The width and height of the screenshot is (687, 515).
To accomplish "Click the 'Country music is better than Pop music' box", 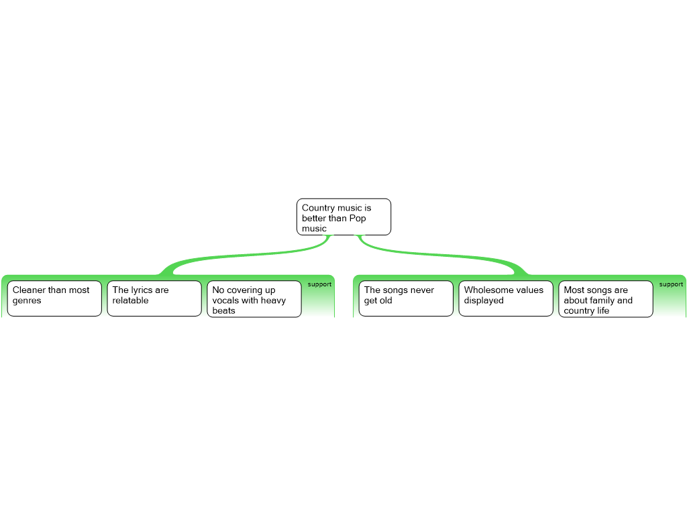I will [x=343, y=217].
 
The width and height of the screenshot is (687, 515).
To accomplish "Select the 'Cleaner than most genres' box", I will [x=54, y=298].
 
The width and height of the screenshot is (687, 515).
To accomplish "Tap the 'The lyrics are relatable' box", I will [x=154, y=298].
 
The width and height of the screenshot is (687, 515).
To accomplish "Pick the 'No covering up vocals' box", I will [x=254, y=298].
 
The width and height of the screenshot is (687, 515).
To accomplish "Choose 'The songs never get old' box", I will [x=406, y=298].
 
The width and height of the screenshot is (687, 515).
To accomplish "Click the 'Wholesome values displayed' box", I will [x=506, y=298].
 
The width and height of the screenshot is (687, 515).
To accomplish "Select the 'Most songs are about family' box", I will [x=605, y=298].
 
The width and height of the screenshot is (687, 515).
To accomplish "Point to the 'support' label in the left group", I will [x=319, y=284].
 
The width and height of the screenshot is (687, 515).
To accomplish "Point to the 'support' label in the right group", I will [x=671, y=284].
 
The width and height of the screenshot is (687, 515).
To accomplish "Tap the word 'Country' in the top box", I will [x=318, y=208].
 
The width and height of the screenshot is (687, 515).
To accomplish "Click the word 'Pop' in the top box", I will [x=358, y=218].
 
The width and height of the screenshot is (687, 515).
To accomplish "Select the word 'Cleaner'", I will [x=29, y=290].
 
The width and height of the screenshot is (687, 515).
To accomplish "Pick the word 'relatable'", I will [x=130, y=300].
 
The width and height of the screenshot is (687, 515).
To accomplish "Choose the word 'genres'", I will [x=27, y=300].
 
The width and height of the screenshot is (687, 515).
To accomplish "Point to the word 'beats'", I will [x=223, y=310].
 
